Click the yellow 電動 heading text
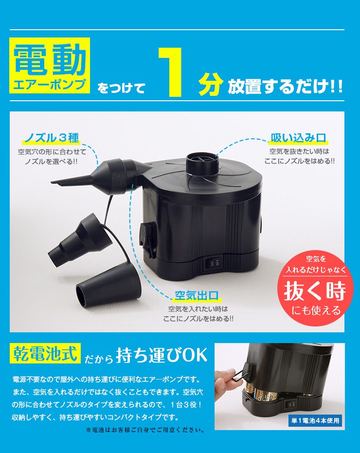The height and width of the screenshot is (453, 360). (50, 61)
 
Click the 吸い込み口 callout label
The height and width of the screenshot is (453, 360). (298, 138)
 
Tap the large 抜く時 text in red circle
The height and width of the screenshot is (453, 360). (315, 291)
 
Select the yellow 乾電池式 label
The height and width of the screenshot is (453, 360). (45, 354)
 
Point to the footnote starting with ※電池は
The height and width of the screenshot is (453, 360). (144, 430)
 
